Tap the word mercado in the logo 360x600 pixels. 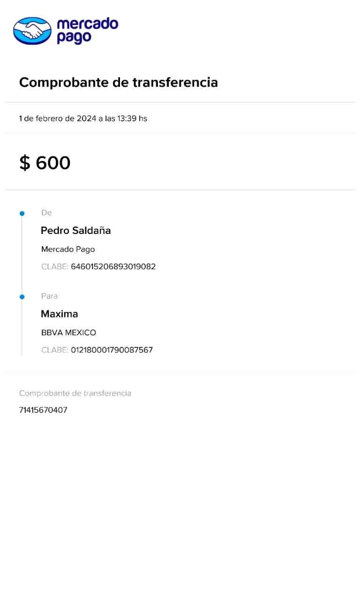(87, 24)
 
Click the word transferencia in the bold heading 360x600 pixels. (175, 83)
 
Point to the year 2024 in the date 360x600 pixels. (86, 119)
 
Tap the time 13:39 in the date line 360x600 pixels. (127, 119)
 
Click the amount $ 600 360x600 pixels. (45, 163)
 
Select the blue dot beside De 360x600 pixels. (22, 214)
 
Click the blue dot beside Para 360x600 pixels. (22, 297)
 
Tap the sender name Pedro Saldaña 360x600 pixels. (76, 231)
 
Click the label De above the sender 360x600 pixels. (46, 213)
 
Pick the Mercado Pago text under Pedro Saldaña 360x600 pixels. (68, 249)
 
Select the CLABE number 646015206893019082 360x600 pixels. (113, 267)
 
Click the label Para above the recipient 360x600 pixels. (50, 296)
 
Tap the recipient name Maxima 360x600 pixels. (60, 314)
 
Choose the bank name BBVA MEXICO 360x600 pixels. (69, 333)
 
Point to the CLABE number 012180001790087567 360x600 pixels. (112, 350)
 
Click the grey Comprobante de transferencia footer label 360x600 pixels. (75, 393)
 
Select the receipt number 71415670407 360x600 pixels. (43, 411)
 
